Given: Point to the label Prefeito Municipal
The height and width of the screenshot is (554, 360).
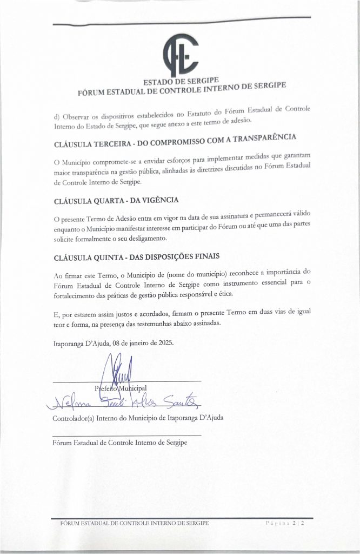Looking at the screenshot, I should click(125, 388).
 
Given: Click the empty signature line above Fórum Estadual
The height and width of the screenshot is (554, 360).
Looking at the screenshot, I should click(126, 435).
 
